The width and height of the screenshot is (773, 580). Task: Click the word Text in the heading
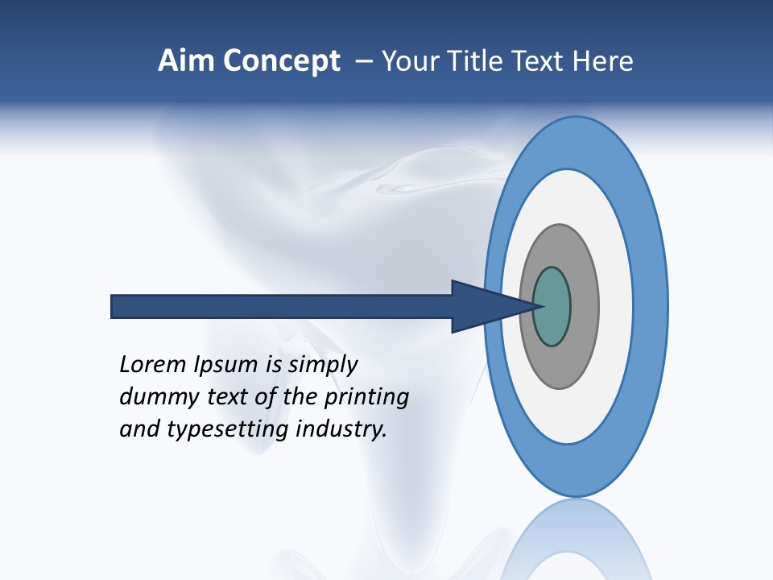[538, 61]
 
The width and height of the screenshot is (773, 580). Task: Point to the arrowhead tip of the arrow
[538, 306]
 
